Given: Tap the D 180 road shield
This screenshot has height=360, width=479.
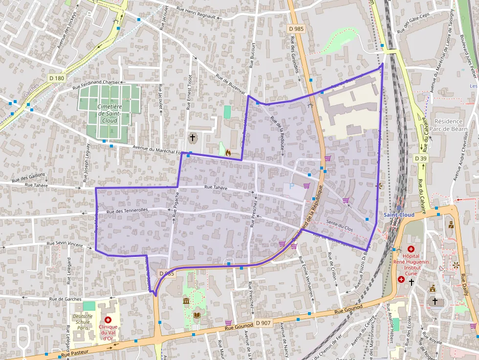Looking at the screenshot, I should (57, 78).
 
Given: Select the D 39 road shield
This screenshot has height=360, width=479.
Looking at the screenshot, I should (420, 158).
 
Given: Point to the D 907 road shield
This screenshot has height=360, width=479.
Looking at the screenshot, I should (263, 323).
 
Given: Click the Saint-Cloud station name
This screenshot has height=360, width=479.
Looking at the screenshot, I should (399, 215).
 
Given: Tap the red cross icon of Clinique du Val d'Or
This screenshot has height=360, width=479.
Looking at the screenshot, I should (108, 319).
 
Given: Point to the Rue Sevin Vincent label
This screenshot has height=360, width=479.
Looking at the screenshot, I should (65, 243).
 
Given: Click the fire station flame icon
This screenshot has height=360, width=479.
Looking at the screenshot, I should (228, 153).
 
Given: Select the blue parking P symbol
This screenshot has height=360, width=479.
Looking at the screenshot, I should (292, 186).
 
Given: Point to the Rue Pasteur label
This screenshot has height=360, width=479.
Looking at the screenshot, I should (74, 352).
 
